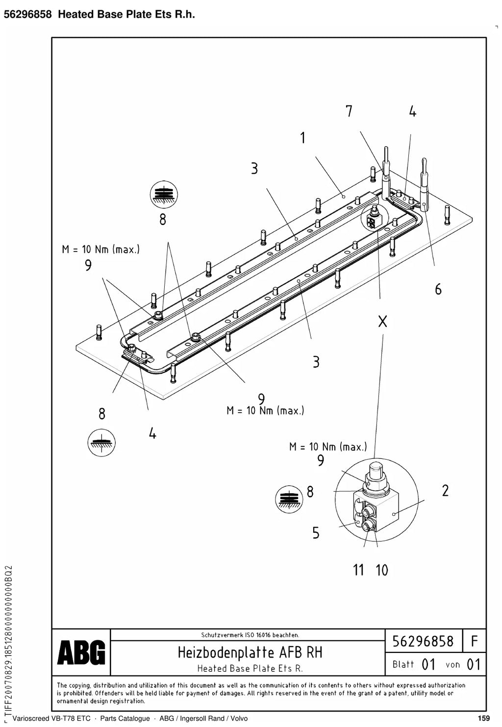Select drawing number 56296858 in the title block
click(423, 641)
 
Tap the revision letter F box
click(474, 641)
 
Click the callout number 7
click(349, 111)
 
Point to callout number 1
click(303, 138)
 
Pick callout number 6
click(438, 289)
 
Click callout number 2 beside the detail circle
click(445, 491)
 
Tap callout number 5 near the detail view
click(316, 533)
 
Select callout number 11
click(358, 570)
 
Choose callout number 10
click(381, 570)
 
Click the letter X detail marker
click(383, 322)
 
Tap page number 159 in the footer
click(484, 718)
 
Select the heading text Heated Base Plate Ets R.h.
click(126, 14)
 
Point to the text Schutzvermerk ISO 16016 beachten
click(250, 635)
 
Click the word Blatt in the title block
click(403, 664)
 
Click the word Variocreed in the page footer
click(31, 719)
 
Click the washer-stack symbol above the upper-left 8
click(164, 195)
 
